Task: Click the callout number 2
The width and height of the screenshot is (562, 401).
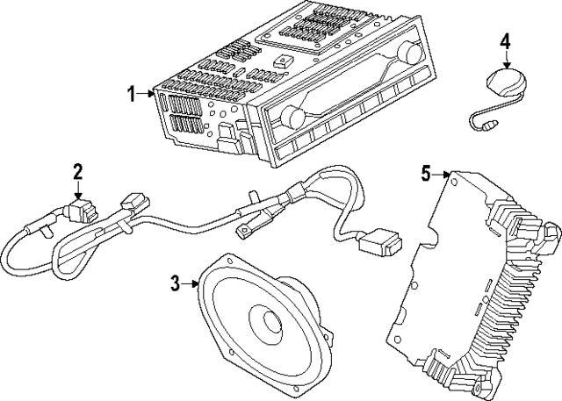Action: [x=78, y=169]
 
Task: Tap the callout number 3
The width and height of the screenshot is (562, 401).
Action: [x=175, y=282]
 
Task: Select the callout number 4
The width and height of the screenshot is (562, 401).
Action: [x=505, y=41]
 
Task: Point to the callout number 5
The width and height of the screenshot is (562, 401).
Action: [x=426, y=173]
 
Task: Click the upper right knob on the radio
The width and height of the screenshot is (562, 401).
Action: [x=407, y=53]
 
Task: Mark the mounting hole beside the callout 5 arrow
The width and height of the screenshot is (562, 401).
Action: [x=455, y=178]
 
